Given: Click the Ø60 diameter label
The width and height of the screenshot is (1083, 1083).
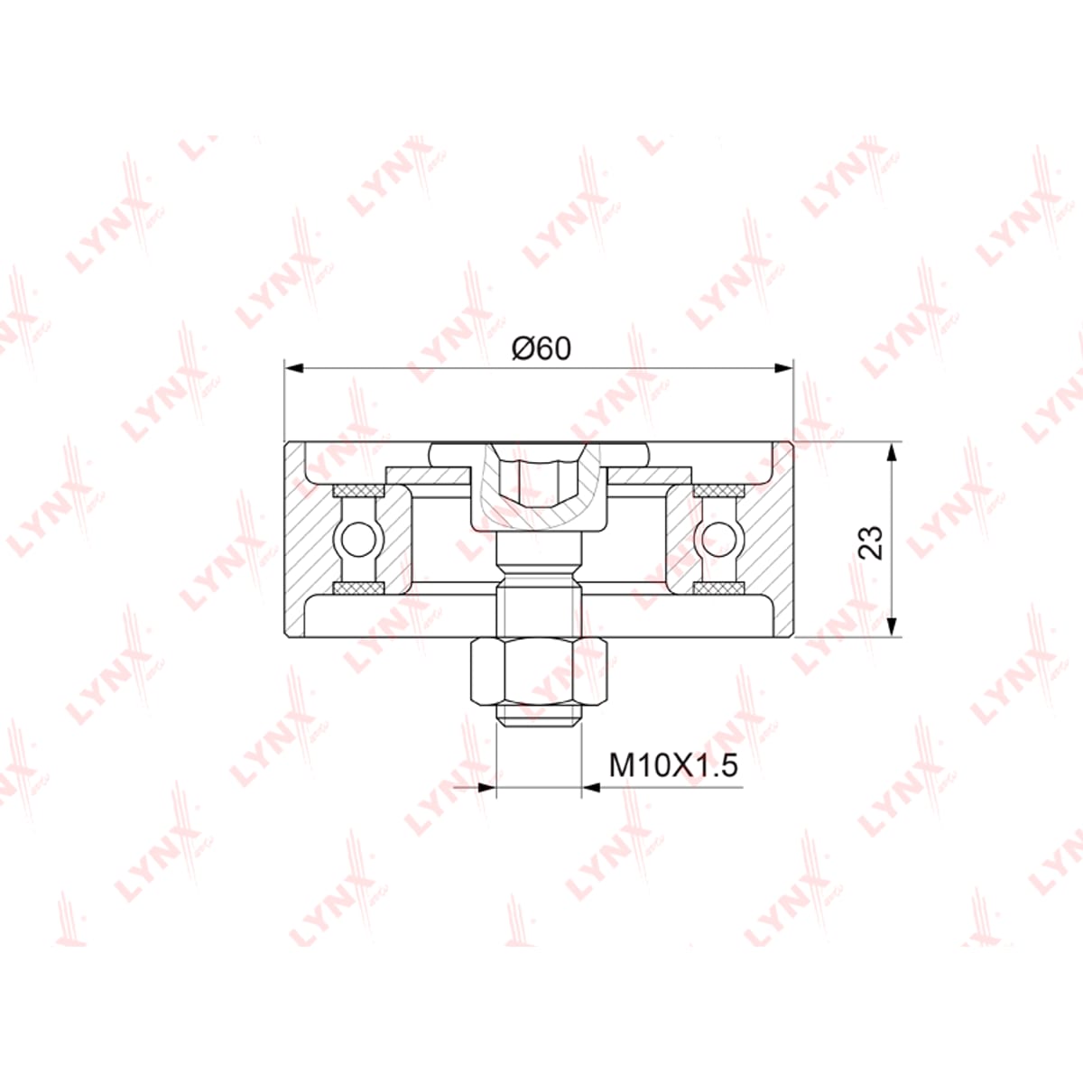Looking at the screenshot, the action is [541, 349].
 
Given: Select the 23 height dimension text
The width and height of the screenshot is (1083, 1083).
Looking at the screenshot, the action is [871, 542].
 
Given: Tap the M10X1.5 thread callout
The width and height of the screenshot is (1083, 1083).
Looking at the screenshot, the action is [673, 765].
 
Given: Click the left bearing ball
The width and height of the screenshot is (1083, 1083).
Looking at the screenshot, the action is [358, 540].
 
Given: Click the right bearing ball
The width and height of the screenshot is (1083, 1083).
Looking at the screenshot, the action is [719, 540].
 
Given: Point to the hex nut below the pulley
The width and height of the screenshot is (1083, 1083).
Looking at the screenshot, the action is [540, 672].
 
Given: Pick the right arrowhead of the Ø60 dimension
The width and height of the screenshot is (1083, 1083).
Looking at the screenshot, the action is [784, 368].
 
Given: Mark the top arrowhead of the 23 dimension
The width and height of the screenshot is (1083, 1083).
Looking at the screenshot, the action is [892, 452].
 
